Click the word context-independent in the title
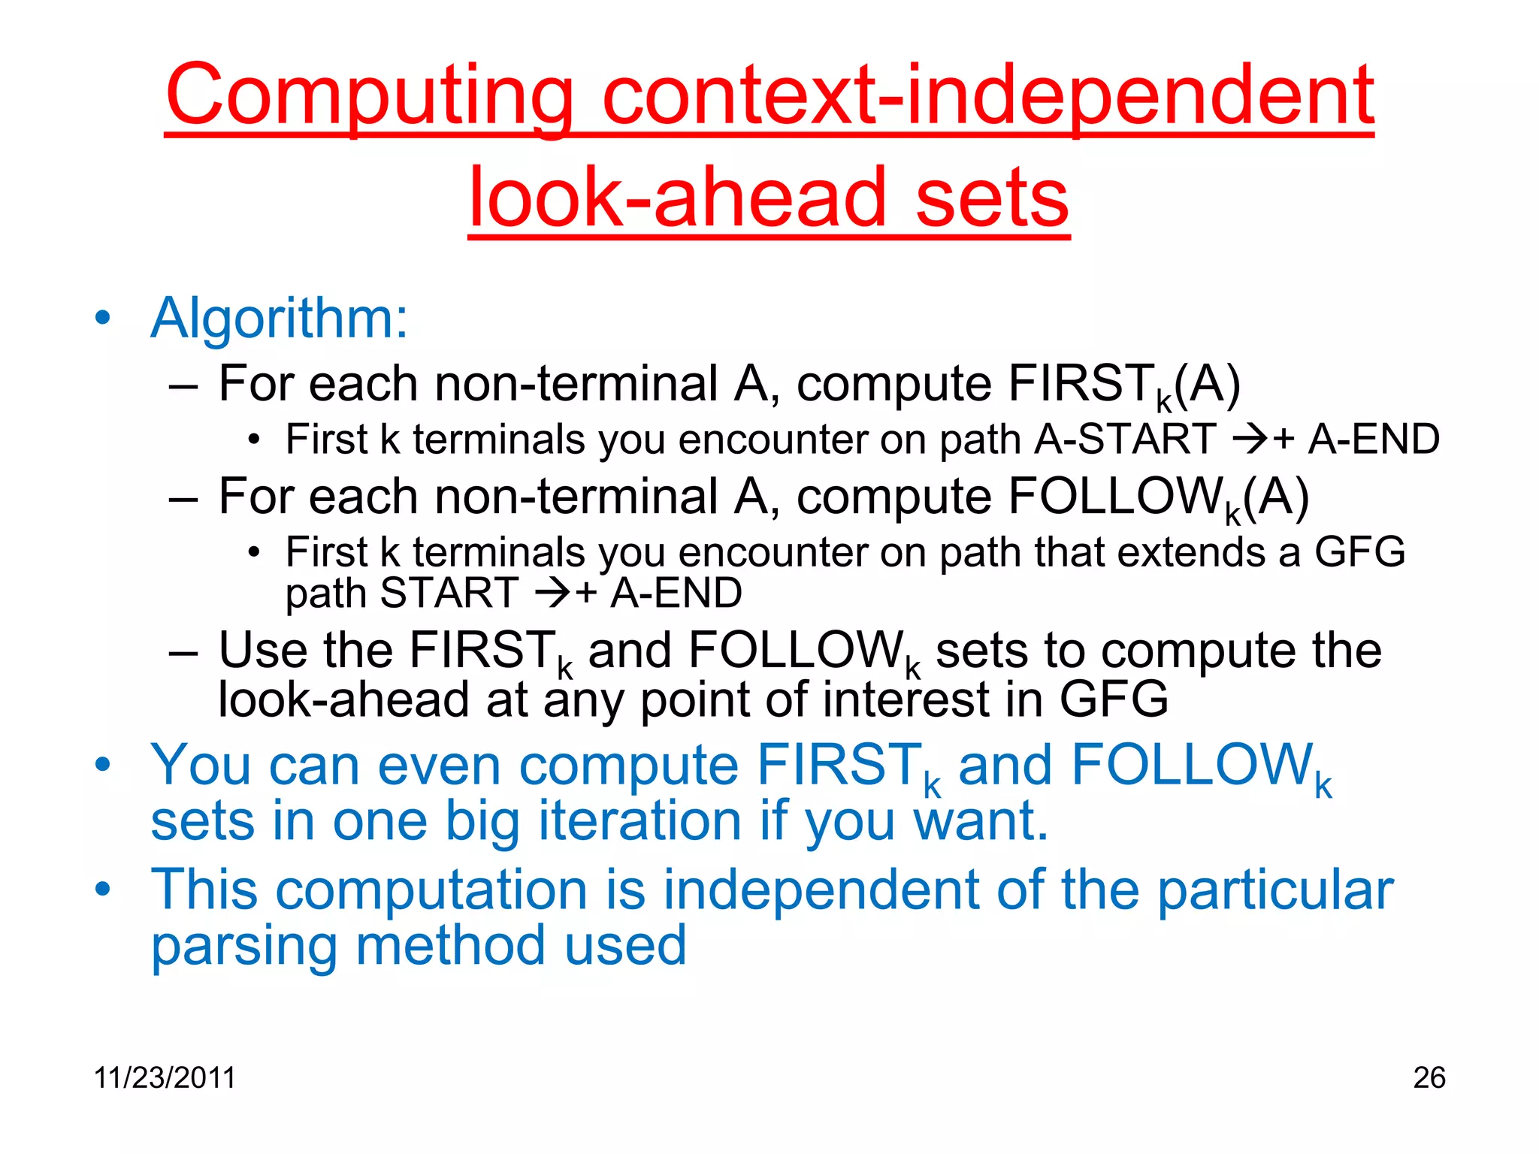(987, 96)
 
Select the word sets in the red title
(992, 198)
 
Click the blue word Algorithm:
(280, 319)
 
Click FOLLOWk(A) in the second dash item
(1158, 497)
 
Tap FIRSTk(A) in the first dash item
(1123, 385)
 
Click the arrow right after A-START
(1250, 440)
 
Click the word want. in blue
(980, 820)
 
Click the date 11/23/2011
(165, 1077)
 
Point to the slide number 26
(1429, 1077)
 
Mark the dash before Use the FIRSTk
(183, 651)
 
